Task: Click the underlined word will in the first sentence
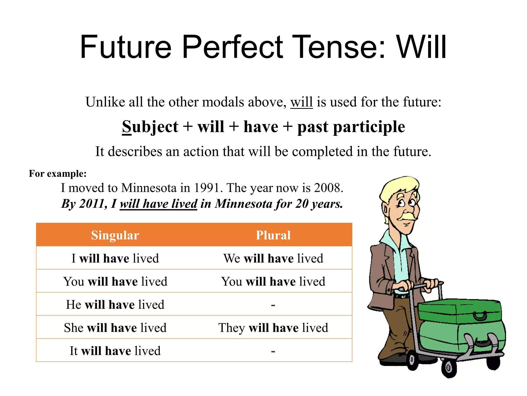pyautogui.click(x=301, y=102)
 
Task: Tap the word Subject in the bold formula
pyautogui.click(x=150, y=127)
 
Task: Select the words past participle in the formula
pyautogui.click(x=351, y=127)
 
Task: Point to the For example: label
pyautogui.click(x=58, y=174)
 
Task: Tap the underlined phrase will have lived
pyautogui.click(x=159, y=204)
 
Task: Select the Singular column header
pyautogui.click(x=115, y=235)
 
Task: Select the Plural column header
pyautogui.click(x=273, y=235)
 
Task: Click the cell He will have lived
pyautogui.click(x=115, y=304)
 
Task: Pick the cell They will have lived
pyautogui.click(x=273, y=328)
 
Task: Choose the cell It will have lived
pyautogui.click(x=115, y=351)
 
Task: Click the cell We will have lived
pyautogui.click(x=273, y=258)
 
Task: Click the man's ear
pyautogui.click(x=385, y=209)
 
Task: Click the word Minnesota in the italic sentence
pyautogui.click(x=244, y=204)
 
